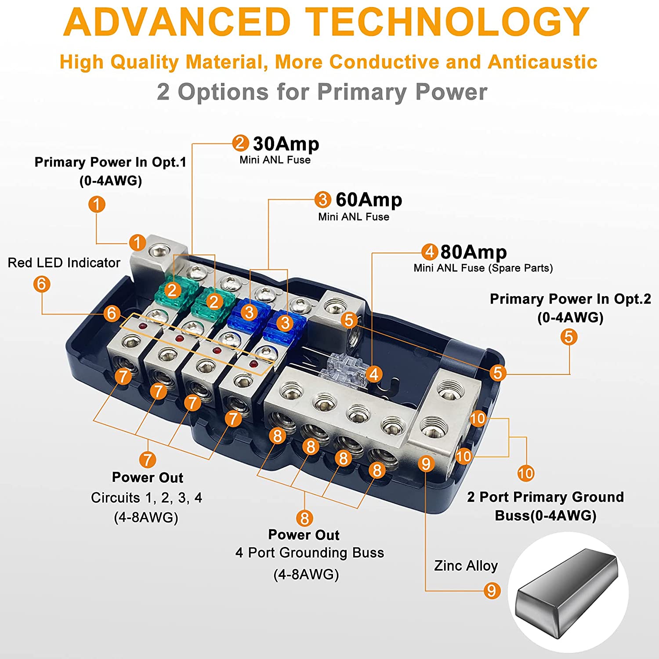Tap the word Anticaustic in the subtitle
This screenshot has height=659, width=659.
(x=542, y=62)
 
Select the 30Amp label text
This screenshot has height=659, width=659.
(x=286, y=144)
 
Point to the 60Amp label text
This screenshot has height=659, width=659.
(x=369, y=200)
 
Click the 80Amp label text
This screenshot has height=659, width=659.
(x=473, y=252)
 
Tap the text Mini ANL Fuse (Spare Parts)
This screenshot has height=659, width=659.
(x=483, y=268)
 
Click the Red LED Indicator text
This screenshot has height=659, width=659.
(x=64, y=263)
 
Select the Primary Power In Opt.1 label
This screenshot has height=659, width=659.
(x=110, y=162)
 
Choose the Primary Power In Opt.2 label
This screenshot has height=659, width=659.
(x=570, y=299)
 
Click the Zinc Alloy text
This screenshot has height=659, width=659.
(x=466, y=565)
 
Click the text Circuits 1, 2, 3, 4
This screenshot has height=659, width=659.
(x=146, y=497)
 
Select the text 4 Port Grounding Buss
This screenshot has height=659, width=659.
(x=309, y=553)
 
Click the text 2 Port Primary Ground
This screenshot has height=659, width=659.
(x=545, y=497)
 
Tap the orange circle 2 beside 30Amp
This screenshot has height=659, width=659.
(x=240, y=143)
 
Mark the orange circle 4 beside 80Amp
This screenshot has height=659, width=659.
(x=429, y=252)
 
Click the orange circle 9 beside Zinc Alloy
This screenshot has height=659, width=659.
(x=492, y=590)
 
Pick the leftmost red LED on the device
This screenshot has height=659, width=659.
(x=142, y=326)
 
